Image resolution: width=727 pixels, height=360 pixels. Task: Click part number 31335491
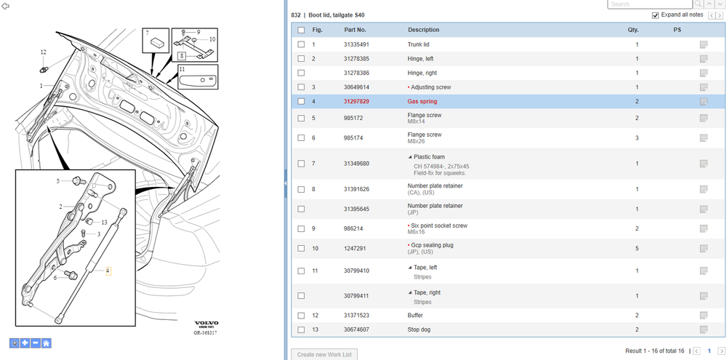coord(356,44)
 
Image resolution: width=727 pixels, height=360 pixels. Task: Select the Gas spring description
coord(422,101)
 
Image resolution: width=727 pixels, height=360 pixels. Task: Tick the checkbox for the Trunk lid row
coord(301,44)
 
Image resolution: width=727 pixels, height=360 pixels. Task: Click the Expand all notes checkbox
coord(655,15)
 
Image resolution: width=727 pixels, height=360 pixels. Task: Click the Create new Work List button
coord(324,354)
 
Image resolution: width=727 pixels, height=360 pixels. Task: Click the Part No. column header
coord(356,30)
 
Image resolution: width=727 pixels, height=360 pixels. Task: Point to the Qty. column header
coord(632,30)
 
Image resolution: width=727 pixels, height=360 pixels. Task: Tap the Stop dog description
coord(422,329)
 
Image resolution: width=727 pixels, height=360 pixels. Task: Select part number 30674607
coord(356,329)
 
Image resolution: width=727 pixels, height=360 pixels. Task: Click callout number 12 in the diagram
coord(44,52)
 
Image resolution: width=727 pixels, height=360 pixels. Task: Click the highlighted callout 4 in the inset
coord(108,271)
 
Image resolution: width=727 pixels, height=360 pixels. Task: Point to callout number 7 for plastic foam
coord(147,33)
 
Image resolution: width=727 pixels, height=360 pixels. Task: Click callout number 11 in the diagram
coord(182,69)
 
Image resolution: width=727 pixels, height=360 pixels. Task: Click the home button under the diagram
coord(47,343)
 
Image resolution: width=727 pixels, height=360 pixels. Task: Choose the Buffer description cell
coord(415,316)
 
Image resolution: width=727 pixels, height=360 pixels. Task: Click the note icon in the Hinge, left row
coord(703,58)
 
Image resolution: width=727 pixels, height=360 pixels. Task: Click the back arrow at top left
coord(6,4)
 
